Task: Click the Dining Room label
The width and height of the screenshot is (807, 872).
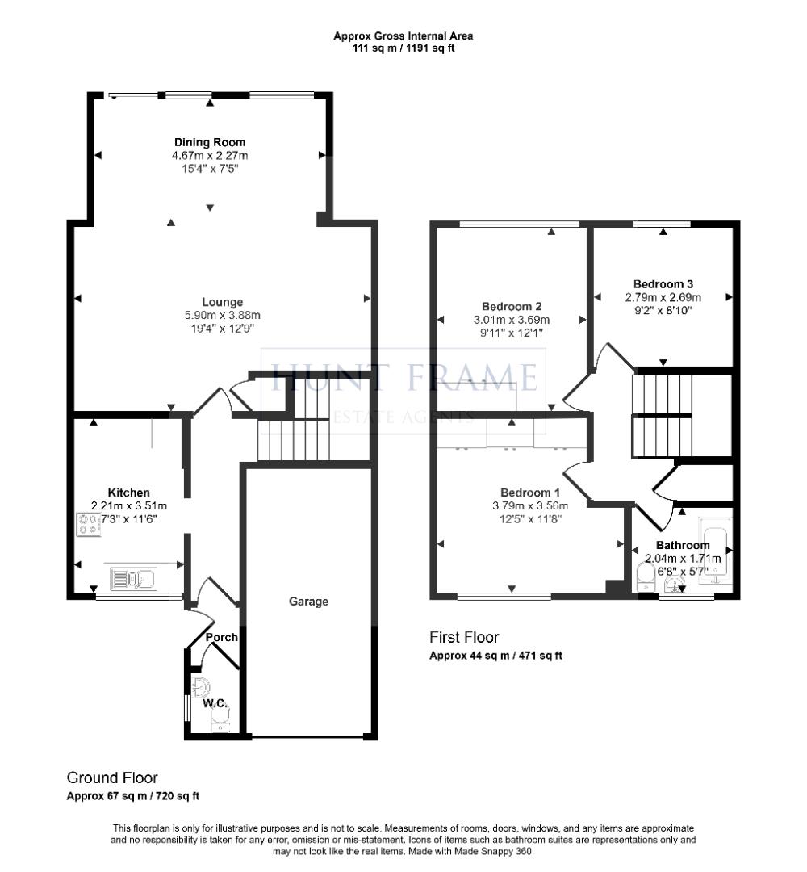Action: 210,142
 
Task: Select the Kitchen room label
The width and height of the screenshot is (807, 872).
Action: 129,493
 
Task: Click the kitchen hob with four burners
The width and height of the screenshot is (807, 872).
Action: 87,525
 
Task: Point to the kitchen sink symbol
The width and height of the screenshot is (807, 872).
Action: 132,579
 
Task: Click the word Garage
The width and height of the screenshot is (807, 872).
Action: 309,602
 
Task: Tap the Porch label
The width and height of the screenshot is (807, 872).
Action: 221,637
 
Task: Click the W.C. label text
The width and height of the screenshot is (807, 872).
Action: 214,703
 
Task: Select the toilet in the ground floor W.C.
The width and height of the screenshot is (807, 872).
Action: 201,687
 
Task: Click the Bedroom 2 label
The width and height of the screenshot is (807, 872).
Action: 511,307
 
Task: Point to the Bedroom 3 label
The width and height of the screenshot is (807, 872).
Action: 663,284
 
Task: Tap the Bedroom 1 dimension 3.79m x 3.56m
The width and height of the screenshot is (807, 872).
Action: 530,506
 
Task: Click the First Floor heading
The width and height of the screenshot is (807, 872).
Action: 464,638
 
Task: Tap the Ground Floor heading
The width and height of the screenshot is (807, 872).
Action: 112,778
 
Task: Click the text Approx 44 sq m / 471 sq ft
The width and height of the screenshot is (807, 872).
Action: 495,656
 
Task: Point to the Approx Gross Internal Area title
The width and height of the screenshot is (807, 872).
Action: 403,36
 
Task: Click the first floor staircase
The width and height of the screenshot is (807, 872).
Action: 662,416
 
